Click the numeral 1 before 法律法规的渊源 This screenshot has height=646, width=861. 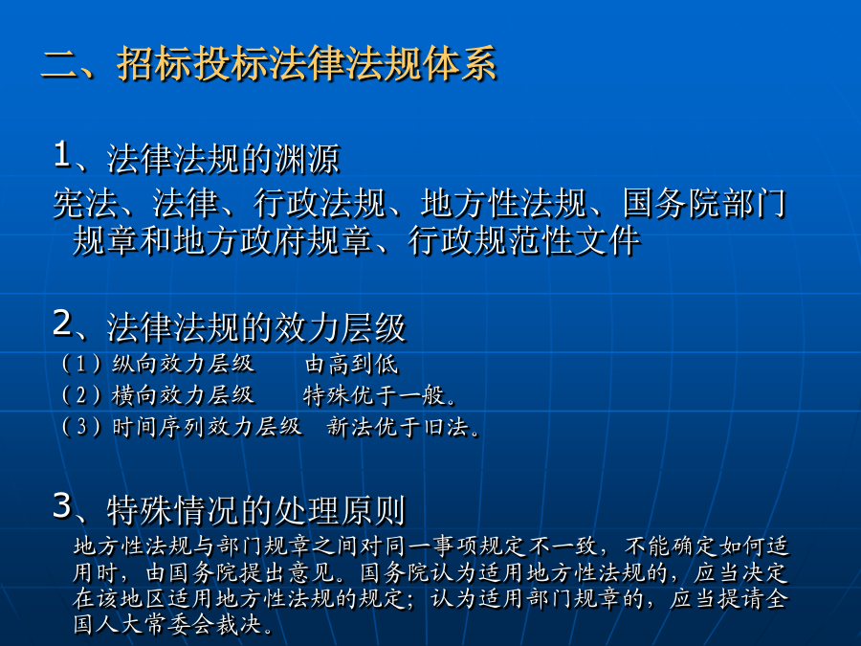pos(61,154)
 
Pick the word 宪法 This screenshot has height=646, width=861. pos(86,204)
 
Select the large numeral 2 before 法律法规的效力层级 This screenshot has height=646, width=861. pos(62,323)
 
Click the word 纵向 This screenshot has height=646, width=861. pos(136,364)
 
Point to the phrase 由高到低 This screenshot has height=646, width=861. pos(351,364)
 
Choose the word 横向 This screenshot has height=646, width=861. pos(136,395)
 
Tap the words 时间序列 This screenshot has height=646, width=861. pos(159,426)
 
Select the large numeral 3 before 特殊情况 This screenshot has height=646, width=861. pos(62,505)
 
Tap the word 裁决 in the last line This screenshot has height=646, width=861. pos(238,625)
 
